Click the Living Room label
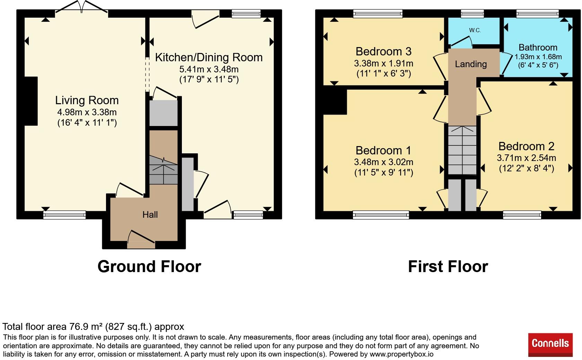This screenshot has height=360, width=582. pyautogui.click(x=87, y=100)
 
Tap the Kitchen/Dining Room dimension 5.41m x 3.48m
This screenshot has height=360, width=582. pyautogui.click(x=209, y=69)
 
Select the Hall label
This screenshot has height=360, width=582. pyautogui.click(x=150, y=215)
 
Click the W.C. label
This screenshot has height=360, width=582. pyautogui.click(x=475, y=30)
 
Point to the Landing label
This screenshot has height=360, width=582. pyautogui.click(x=471, y=64)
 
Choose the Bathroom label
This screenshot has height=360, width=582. pyautogui.click(x=538, y=47)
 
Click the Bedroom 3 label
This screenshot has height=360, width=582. pyautogui.click(x=383, y=51)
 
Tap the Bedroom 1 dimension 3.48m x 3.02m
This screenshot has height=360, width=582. pyautogui.click(x=383, y=162)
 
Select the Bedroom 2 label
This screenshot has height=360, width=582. pyautogui.click(x=527, y=146)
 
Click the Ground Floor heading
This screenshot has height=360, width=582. pyautogui.click(x=149, y=267)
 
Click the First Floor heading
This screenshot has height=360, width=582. pyautogui.click(x=448, y=267)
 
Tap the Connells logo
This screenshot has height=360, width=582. pyautogui.click(x=550, y=345)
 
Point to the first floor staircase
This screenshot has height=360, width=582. pyautogui.click(x=462, y=150)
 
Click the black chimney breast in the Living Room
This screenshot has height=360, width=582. pyautogui.click(x=31, y=101)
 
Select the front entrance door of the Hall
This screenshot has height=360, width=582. pyautogui.click(x=141, y=240)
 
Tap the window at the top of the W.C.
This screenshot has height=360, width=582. pyautogui.click(x=473, y=13)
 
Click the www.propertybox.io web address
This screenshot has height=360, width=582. pyautogui.click(x=402, y=354)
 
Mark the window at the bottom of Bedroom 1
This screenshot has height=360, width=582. pyautogui.click(x=381, y=215)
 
